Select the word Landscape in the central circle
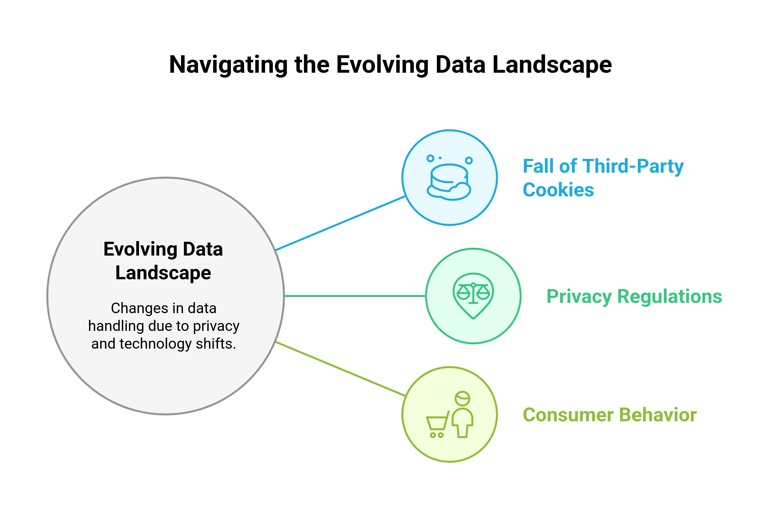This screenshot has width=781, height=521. [x=163, y=273]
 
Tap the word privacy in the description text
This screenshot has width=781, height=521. [x=216, y=326]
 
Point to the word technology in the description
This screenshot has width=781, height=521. [x=155, y=344]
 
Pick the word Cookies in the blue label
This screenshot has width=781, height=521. [x=558, y=190]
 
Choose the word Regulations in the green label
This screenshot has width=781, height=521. [x=670, y=296]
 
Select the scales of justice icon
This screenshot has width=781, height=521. [x=473, y=293]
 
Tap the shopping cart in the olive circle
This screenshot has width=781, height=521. [x=437, y=425]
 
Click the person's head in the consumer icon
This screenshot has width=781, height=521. [x=462, y=398]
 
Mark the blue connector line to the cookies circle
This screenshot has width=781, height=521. [x=340, y=223]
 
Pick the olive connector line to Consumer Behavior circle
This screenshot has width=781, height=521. [x=340, y=369]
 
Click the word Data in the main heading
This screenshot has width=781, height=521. [x=202, y=249]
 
